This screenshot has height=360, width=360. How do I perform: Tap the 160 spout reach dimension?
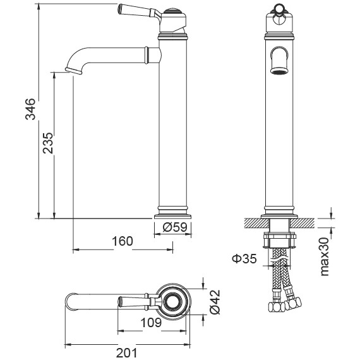(123, 241)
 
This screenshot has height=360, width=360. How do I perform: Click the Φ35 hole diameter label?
(245, 258)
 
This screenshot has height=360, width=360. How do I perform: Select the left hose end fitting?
(274, 309)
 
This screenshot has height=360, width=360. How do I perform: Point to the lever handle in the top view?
(131, 300)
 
